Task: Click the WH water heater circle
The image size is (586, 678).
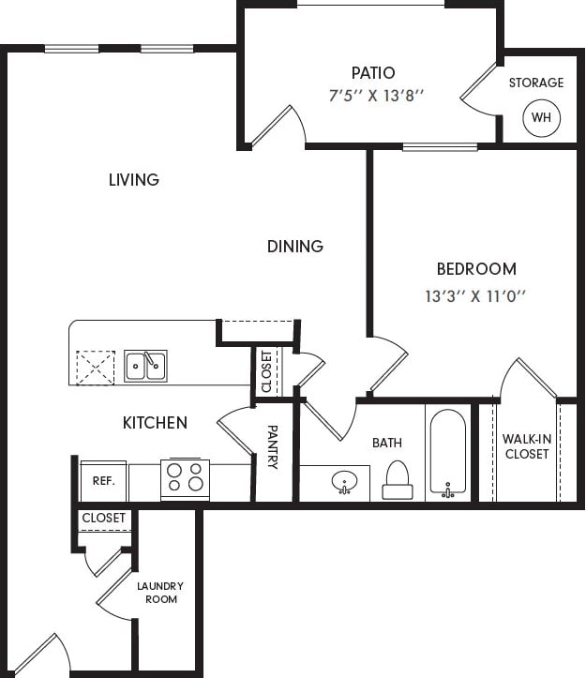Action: click(541, 117)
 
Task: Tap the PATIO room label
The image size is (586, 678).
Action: click(373, 72)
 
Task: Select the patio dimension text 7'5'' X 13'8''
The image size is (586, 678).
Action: click(378, 95)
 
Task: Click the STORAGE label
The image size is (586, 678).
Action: click(536, 83)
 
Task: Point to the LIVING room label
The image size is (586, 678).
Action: click(134, 179)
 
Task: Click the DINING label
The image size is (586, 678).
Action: click(295, 246)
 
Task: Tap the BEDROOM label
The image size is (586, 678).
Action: click(476, 269)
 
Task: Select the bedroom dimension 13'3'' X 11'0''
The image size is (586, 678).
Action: click(476, 296)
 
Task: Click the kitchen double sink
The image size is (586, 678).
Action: click(145, 365)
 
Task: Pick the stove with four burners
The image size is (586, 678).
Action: click(185, 478)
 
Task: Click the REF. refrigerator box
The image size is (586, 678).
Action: click(103, 481)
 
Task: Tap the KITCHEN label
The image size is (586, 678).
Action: click(155, 423)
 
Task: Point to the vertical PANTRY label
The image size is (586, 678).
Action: click(273, 447)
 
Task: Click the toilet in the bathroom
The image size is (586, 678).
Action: click(398, 480)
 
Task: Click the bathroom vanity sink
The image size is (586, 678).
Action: click(344, 483)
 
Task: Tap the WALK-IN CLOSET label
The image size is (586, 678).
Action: click(526, 446)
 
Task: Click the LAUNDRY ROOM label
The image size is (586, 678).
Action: click(160, 593)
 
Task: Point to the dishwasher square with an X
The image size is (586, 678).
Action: click(96, 367)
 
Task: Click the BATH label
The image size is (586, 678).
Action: click(386, 442)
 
